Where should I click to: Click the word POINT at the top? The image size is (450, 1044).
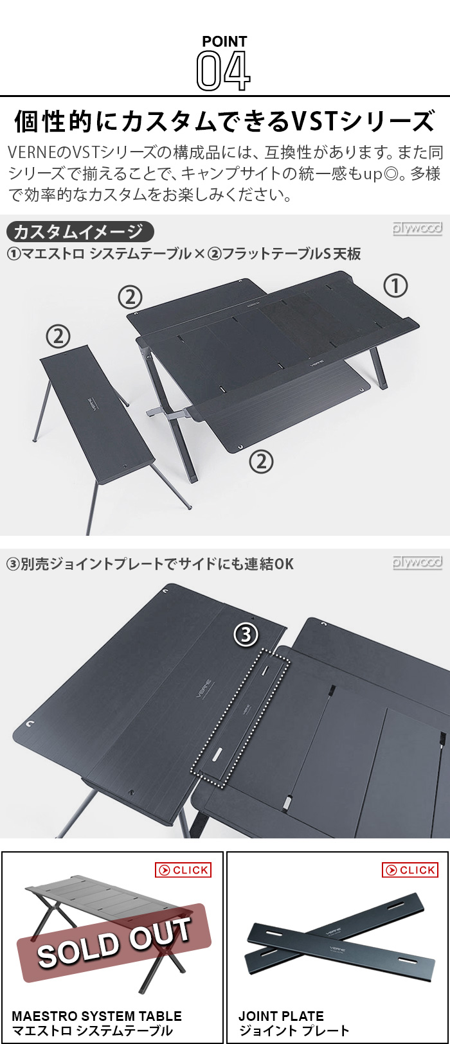click(x=224, y=42)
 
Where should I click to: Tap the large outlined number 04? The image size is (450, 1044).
click(x=223, y=71)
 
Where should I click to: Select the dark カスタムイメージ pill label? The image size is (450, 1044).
click(x=79, y=231)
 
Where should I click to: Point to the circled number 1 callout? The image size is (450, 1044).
click(x=395, y=285)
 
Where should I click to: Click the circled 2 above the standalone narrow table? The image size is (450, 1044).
click(x=59, y=335)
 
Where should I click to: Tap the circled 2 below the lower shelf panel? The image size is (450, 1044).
click(x=261, y=461)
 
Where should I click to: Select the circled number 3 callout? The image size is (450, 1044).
click(x=246, y=635)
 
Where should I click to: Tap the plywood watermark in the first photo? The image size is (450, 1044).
click(x=417, y=228)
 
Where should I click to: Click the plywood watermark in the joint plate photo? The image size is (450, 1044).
click(x=417, y=562)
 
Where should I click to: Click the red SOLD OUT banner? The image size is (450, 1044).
click(x=114, y=943)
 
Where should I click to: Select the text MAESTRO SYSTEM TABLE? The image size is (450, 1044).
click(x=96, y=1016)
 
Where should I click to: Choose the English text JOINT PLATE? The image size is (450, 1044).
click(x=281, y=1016)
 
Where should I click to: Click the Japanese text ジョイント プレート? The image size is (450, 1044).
click(x=294, y=1031)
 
